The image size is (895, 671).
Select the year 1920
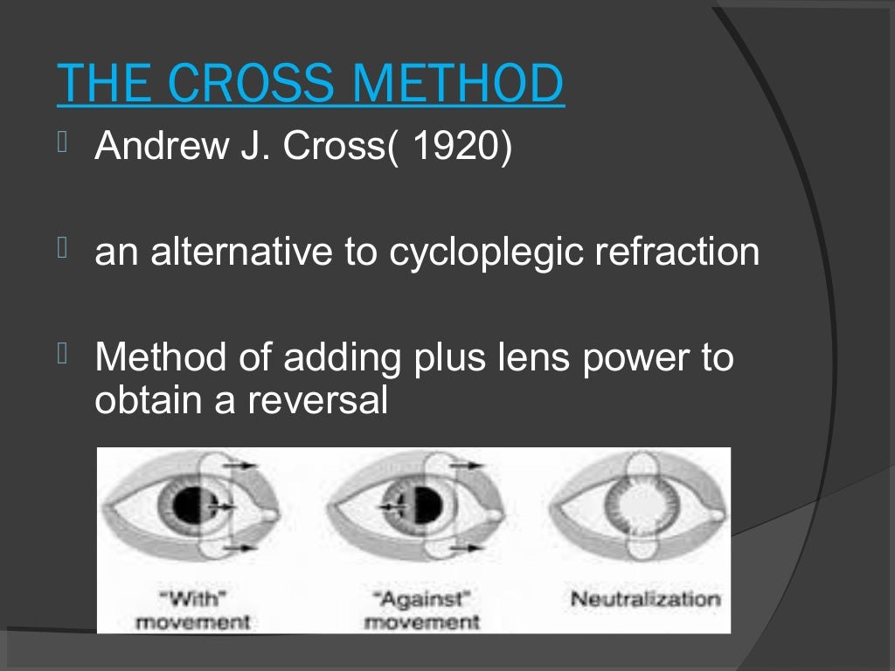[457, 146]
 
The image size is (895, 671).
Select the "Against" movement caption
[420, 611]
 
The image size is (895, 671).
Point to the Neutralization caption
[645, 599]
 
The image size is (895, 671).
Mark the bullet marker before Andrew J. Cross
[62, 143]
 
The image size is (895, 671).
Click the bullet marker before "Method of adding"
[62, 355]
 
